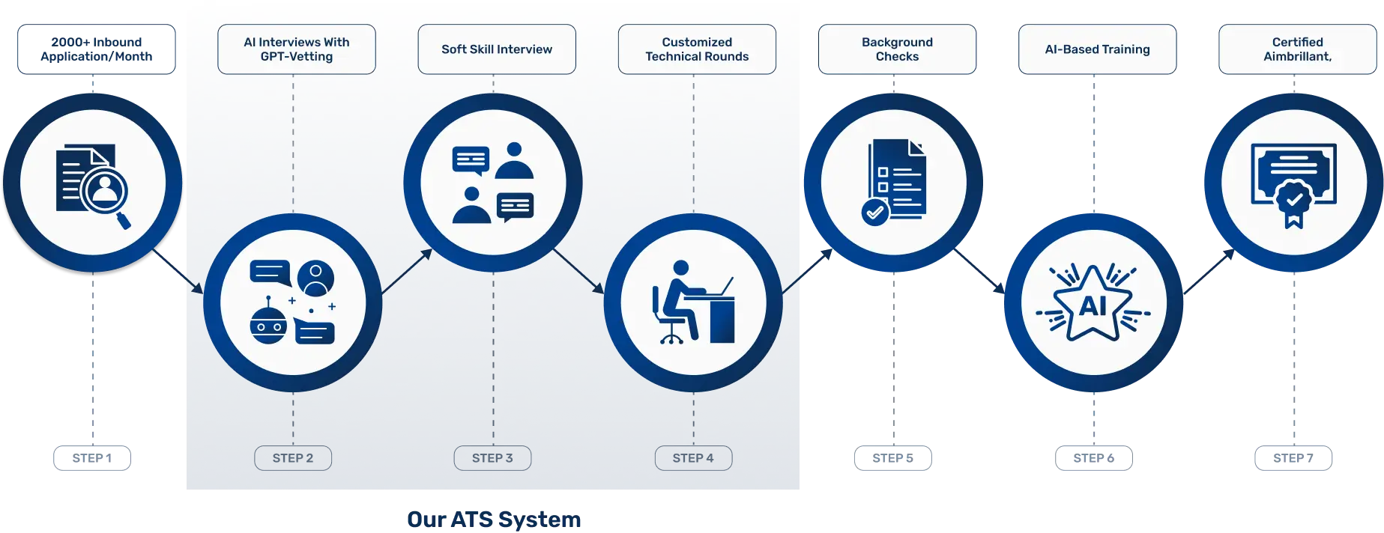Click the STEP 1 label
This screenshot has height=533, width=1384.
pyautogui.click(x=92, y=458)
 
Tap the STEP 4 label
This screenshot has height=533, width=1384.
pyautogui.click(x=693, y=458)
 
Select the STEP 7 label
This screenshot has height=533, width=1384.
pyautogui.click(x=1293, y=458)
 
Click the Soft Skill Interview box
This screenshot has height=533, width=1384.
pyautogui.click(x=497, y=49)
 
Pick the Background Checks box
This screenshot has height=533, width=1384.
pyautogui.click(x=897, y=49)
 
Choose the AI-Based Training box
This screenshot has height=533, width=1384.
pyautogui.click(x=1098, y=49)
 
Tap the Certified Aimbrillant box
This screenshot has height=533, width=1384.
pyautogui.click(x=1298, y=49)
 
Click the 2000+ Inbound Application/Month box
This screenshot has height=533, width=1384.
pyautogui.click(x=97, y=49)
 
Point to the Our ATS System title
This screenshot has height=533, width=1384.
pyautogui.click(x=494, y=520)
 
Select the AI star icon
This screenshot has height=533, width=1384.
pyautogui.click(x=1093, y=303)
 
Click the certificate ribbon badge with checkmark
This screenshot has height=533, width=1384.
pyautogui.click(x=1294, y=202)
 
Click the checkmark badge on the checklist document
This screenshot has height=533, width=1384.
pyautogui.click(x=874, y=213)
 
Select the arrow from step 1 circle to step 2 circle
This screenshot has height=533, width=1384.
pyautogui.click(x=178, y=271)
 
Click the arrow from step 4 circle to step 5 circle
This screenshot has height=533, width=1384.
pyautogui.click(x=807, y=271)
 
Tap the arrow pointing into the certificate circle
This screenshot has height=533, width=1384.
pyautogui.click(x=1209, y=271)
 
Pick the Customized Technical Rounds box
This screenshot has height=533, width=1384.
pyautogui.click(x=697, y=49)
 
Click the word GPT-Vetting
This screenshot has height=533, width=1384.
pyautogui.click(x=297, y=57)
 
